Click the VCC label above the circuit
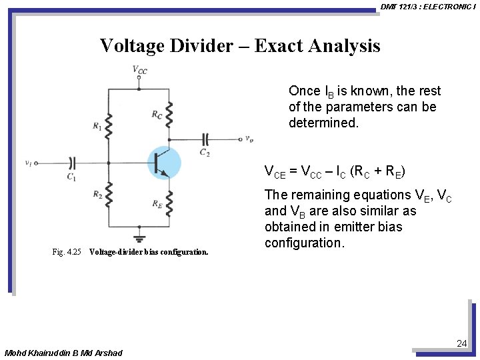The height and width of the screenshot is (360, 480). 139,70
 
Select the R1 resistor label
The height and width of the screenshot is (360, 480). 97,126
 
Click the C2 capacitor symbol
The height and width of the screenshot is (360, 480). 206,139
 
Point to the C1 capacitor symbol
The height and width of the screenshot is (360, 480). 72,162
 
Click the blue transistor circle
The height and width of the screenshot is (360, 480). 163,163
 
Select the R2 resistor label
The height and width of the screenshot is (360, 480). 97,195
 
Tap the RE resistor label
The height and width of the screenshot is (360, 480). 157,205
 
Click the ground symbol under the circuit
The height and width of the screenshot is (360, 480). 139,237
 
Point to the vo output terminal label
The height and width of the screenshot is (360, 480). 249,139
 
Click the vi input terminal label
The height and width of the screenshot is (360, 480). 28,162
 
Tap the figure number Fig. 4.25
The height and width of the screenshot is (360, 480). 67,252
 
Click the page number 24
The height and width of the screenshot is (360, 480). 461,343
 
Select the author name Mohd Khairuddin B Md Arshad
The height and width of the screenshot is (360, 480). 63,352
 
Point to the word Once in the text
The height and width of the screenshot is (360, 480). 304,91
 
